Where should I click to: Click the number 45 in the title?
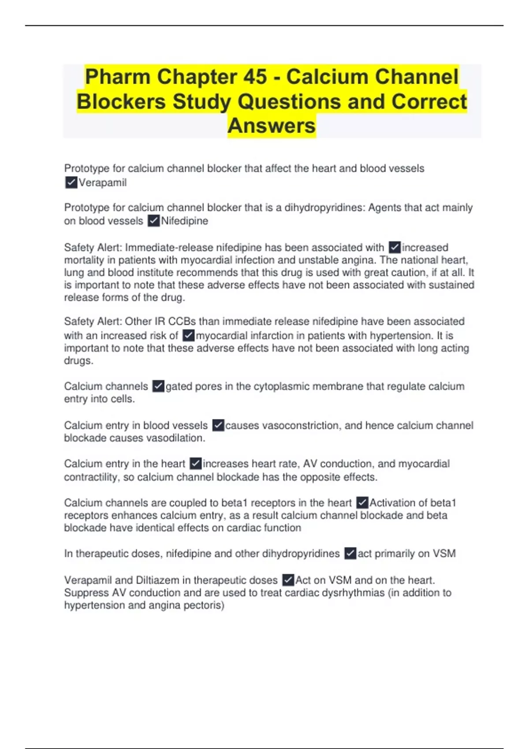pyautogui.click(x=255, y=77)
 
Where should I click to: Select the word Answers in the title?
pyautogui.click(x=272, y=126)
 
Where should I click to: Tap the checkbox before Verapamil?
pyautogui.click(x=71, y=182)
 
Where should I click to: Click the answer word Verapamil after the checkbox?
pyautogui.click(x=103, y=182)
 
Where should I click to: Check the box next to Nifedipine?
pyautogui.click(x=153, y=221)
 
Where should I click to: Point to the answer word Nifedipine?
pyautogui.click(x=185, y=221)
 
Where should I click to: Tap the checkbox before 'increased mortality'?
pyautogui.click(x=395, y=247)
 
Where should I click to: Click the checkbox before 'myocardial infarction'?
pyautogui.click(x=189, y=335)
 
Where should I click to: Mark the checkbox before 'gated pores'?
pyautogui.click(x=158, y=386)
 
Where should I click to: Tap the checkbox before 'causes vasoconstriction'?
pyautogui.click(x=218, y=425)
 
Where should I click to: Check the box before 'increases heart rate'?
pyautogui.click(x=195, y=463)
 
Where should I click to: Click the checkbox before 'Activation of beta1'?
pyautogui.click(x=362, y=503)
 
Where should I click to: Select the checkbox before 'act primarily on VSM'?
pyautogui.click(x=350, y=553)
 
